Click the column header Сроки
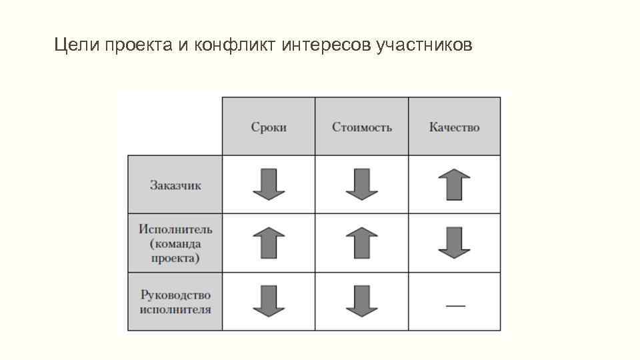(269, 127)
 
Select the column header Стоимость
(361, 127)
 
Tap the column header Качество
(454, 127)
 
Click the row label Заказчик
(175, 185)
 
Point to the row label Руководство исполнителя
(175, 302)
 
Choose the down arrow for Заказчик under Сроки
(269, 185)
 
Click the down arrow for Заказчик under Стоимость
(361, 185)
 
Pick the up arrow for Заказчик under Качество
(454, 185)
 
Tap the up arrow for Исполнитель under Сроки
(269, 243)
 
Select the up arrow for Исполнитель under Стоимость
(361, 243)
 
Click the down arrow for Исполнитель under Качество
(454, 243)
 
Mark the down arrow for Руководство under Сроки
(269, 301)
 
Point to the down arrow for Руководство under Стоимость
(361, 301)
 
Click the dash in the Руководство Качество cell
(455, 305)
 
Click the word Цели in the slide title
(74, 45)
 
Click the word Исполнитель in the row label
(175, 229)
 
